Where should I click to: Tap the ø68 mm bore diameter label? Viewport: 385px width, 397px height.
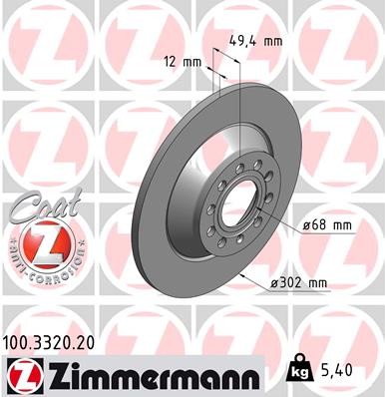[x=328, y=225]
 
